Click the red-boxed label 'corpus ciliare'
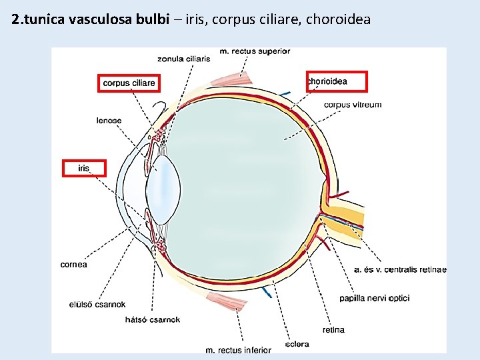tap(129, 83)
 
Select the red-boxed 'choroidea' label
tap(336, 81)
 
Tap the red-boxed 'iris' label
tap(84, 168)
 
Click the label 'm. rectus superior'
tap(255, 51)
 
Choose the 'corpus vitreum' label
tap(353, 105)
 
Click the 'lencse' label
tap(109, 120)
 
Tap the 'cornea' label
tap(73, 265)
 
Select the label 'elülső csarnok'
tap(97, 305)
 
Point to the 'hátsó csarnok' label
tap(153, 320)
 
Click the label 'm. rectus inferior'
tap(238, 349)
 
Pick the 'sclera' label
tap(297, 345)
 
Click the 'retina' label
tap(333, 330)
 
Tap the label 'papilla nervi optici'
tap(374, 298)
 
